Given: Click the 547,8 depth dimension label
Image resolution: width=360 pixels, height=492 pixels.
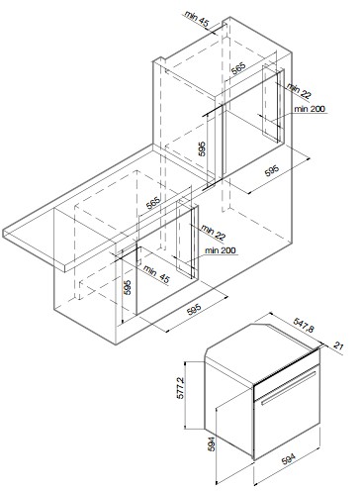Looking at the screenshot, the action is tap(304, 326).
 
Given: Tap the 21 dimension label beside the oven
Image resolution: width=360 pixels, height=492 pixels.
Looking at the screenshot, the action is tap(338, 346).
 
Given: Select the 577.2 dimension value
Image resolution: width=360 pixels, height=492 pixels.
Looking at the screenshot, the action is tap(181, 388).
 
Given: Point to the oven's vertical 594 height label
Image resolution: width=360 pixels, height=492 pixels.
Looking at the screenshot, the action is tap(212, 443).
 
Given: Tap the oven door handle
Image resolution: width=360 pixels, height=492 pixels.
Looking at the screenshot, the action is tap(289, 388).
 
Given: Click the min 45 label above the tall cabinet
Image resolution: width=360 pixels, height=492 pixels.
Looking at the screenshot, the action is tap(197, 19).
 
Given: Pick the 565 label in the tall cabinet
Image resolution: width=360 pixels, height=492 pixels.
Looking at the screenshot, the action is tap(237, 69).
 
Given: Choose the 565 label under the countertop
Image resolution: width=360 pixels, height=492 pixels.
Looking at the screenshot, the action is tap(153, 203).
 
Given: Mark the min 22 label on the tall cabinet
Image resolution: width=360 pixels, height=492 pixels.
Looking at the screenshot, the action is tap(299, 91).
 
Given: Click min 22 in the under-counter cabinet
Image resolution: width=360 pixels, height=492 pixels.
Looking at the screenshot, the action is tap(214, 233).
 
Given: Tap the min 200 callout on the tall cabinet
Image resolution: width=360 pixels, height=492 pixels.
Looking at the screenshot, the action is tap(310, 109).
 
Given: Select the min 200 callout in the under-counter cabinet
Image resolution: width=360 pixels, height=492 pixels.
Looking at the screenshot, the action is tap(221, 250).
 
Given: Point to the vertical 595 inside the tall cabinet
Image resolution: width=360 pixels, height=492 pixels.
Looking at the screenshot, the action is tap(202, 148).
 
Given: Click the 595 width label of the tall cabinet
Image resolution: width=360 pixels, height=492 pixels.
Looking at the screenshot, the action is tap(272, 170).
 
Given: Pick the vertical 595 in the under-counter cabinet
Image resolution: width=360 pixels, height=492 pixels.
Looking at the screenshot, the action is tap(128, 287).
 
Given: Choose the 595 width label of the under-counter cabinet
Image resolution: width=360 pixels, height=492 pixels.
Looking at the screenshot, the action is tap(194, 311).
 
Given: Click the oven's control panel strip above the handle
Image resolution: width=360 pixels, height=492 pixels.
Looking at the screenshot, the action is tap(287, 368).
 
